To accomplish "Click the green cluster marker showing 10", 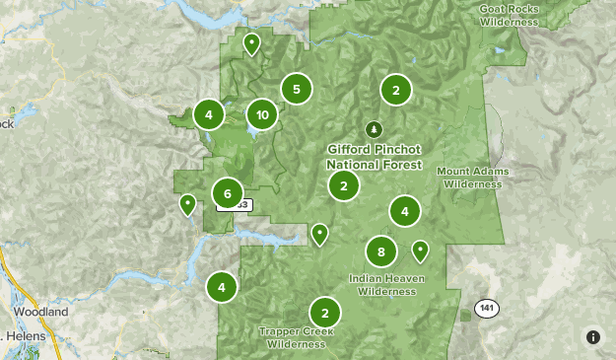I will click(261, 115).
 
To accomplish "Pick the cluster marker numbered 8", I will click(380, 251).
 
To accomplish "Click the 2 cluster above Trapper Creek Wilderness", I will click(324, 313).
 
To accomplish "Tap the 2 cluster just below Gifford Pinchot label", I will click(343, 185).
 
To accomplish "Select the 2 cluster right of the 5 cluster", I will click(395, 91).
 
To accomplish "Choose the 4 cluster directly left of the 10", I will click(209, 115).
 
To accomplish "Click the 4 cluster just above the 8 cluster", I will click(404, 211).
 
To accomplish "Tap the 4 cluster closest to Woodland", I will click(222, 288).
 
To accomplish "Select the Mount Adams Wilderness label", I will click(473, 178).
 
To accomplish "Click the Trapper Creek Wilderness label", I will click(296, 337).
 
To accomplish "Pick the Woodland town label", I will click(40, 312).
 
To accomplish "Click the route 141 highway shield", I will click(484, 309).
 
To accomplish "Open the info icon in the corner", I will click(593, 336).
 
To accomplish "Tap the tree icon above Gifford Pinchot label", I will click(373, 129).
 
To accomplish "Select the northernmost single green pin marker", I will click(252, 43).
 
